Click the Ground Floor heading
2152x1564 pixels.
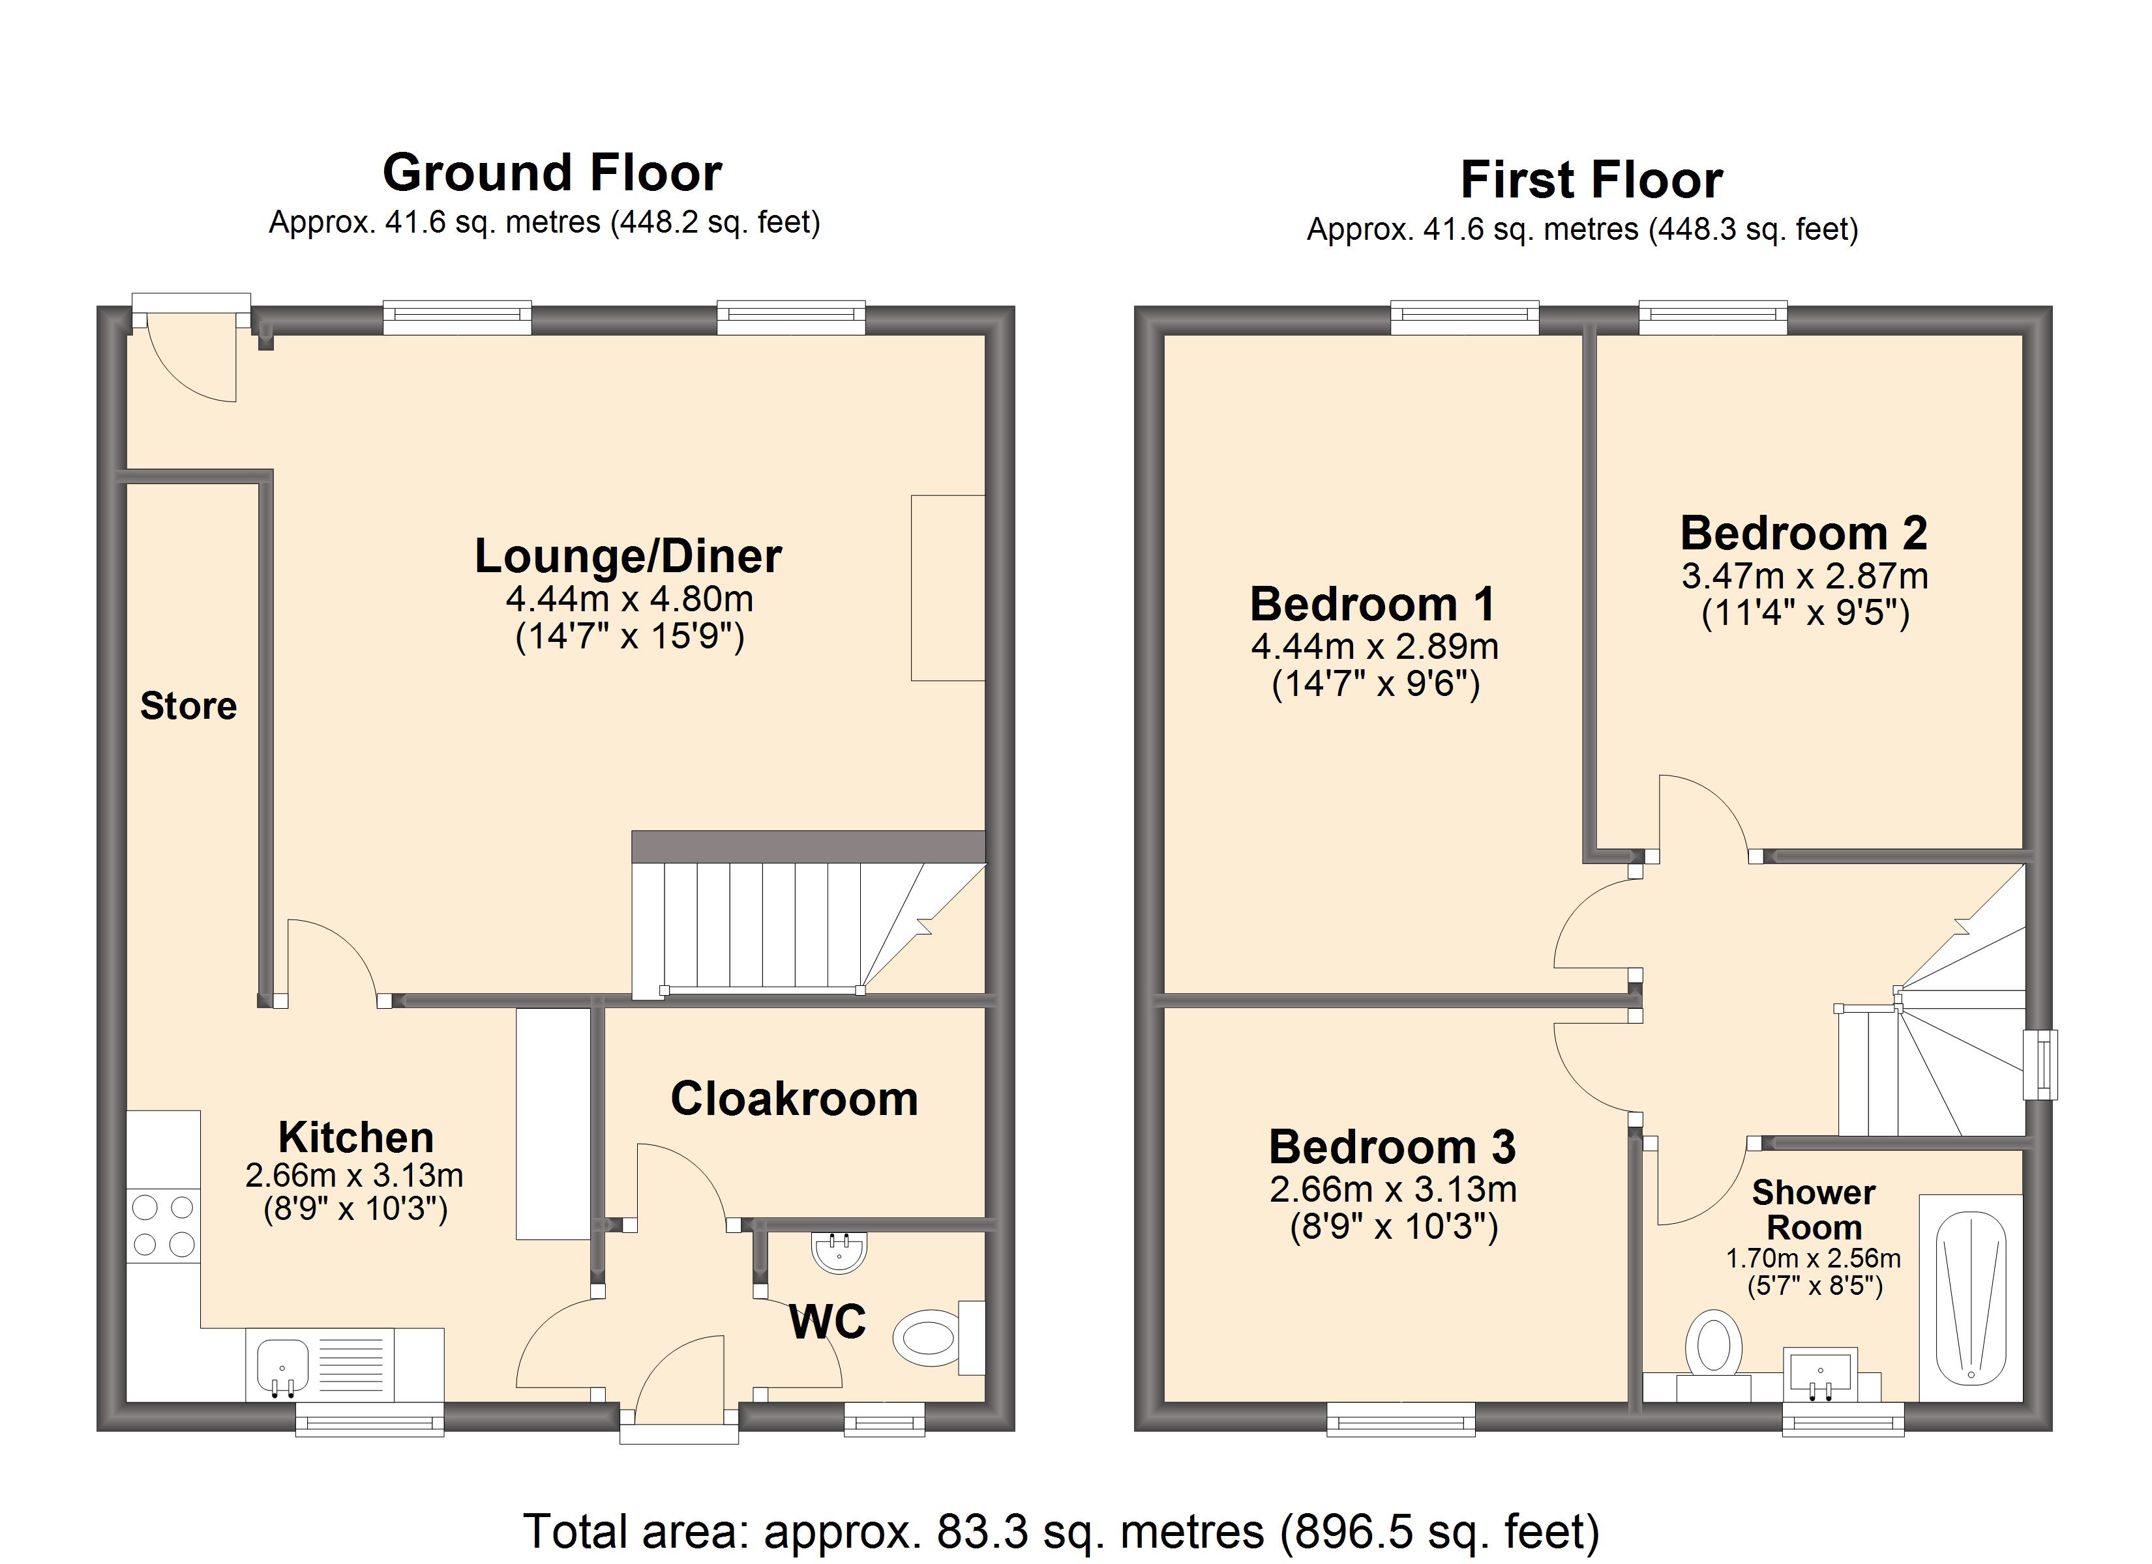(552, 173)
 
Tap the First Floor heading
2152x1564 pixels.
(1591, 181)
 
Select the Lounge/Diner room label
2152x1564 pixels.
(628, 556)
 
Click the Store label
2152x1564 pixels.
(189, 706)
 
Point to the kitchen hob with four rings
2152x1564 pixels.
(163, 1225)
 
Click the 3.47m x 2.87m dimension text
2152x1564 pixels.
(1804, 575)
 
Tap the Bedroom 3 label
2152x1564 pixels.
(1392, 1147)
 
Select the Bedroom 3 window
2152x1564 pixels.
(1401, 1418)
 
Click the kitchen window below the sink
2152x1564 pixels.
(370, 1418)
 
